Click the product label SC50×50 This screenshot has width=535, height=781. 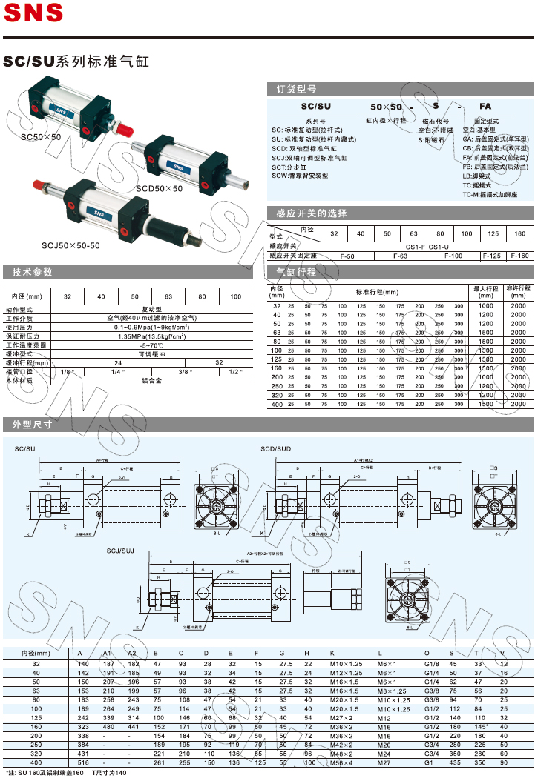(x=41, y=137)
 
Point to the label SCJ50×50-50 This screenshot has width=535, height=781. (x=70, y=245)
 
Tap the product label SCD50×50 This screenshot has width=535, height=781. (x=159, y=189)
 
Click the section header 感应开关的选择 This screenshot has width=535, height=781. (x=312, y=213)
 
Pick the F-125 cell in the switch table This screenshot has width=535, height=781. (x=491, y=256)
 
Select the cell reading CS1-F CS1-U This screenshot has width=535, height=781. (x=427, y=246)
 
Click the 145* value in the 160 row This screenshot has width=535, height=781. (x=481, y=726)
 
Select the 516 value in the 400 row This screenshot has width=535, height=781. (x=83, y=762)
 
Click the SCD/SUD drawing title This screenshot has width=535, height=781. (x=275, y=449)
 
